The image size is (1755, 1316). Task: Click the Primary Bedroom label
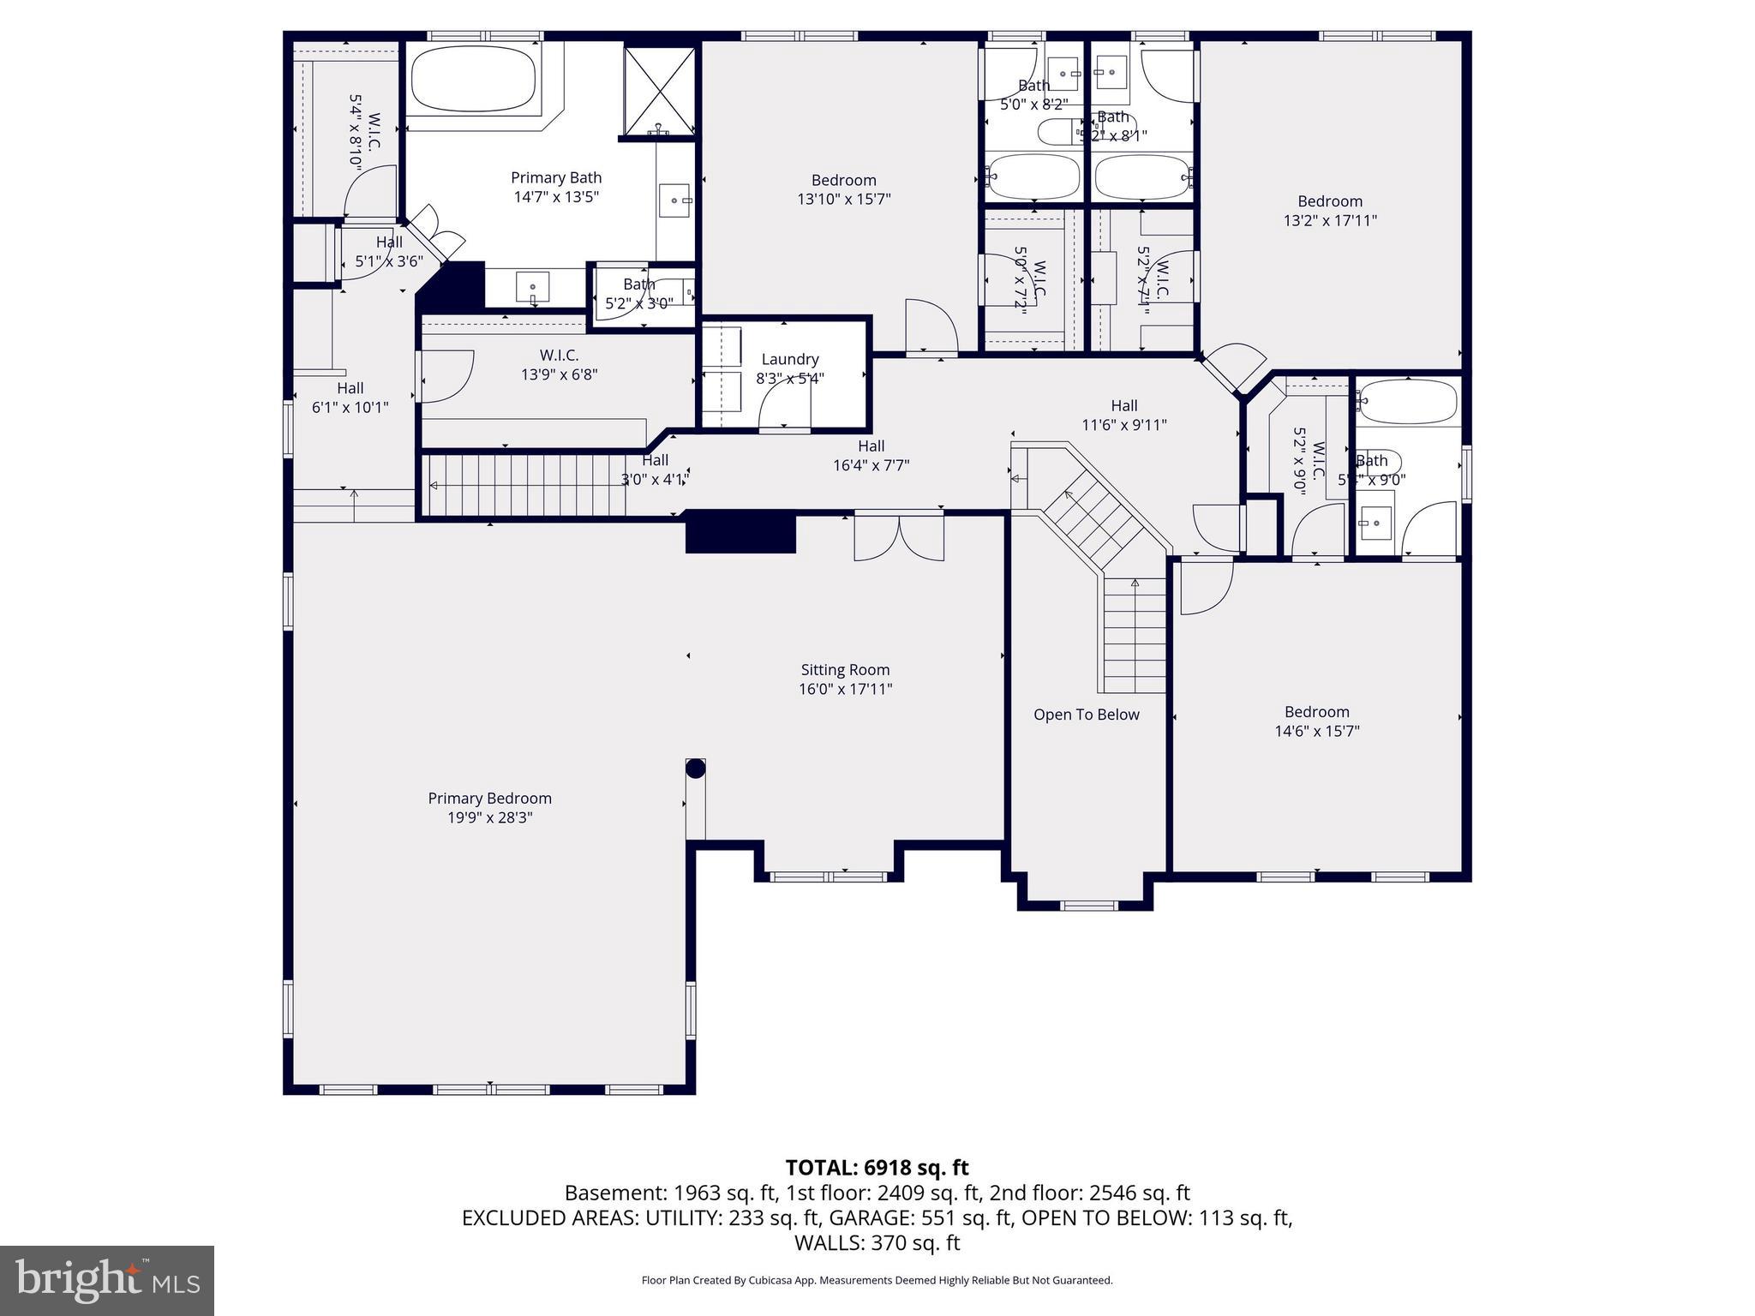pos(489,799)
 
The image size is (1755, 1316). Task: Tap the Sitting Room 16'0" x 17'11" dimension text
pos(845,689)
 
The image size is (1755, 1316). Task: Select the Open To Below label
pos(1086,715)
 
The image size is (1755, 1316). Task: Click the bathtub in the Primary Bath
pos(473,78)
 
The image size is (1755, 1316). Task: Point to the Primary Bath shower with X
pos(658,90)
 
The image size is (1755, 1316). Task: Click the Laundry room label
pos(789,359)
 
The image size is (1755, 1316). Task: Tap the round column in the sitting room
pos(695,769)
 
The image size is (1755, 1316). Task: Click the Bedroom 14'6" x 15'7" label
pos(1316,721)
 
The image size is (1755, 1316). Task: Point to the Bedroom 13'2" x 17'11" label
pos(1329,211)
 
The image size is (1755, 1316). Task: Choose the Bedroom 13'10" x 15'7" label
pos(843,189)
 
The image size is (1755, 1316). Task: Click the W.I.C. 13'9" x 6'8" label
pos(559,365)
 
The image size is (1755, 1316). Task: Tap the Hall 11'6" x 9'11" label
pos(1123,415)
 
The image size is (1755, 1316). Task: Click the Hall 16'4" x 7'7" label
pos(871,456)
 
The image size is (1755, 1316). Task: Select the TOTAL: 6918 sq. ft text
pos(877,1167)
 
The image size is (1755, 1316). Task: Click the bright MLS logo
pos(106,1281)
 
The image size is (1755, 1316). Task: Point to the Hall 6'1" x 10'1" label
pos(350,398)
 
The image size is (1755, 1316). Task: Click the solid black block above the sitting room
pos(740,532)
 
